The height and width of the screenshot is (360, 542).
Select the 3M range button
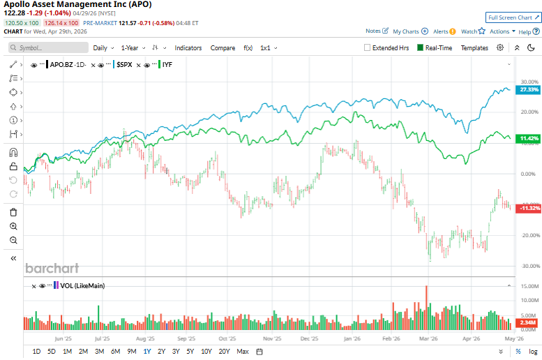[x=99, y=351]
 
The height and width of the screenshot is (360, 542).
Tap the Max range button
[x=243, y=351]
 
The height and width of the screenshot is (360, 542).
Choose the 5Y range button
[x=190, y=351]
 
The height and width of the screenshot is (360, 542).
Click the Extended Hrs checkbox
[x=368, y=48]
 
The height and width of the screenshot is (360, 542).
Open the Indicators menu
[x=188, y=48]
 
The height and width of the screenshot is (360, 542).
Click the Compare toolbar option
[x=223, y=48]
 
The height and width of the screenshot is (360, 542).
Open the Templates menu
[x=474, y=48]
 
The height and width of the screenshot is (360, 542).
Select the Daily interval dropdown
[x=103, y=48]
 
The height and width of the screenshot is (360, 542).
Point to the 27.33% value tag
[x=529, y=90]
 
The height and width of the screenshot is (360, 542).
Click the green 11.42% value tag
[x=529, y=139]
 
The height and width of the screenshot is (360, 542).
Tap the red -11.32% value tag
[x=529, y=208]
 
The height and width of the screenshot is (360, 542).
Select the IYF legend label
[x=167, y=64]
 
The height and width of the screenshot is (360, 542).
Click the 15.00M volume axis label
[x=527, y=286]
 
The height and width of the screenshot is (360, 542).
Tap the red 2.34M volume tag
[x=529, y=322]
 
